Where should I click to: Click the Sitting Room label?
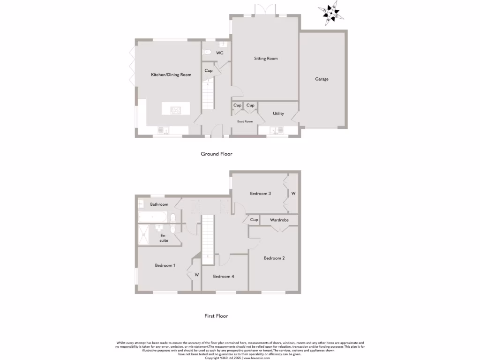coord(266,59)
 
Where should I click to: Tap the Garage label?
coord(322,79)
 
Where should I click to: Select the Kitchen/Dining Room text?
coord(171,75)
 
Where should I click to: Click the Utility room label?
coord(278,113)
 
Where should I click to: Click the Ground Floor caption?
coord(216,154)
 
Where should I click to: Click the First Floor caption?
coord(216,316)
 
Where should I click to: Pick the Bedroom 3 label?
coord(260,193)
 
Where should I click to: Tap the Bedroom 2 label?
coord(274,258)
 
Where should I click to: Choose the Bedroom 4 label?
coord(223,277)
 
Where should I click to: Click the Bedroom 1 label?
coord(165,265)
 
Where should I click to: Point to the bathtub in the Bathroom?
coord(152,217)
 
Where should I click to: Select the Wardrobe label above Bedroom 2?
coord(279,220)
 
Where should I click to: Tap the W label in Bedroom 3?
coord(293,193)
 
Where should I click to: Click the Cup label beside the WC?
coord(209,71)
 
